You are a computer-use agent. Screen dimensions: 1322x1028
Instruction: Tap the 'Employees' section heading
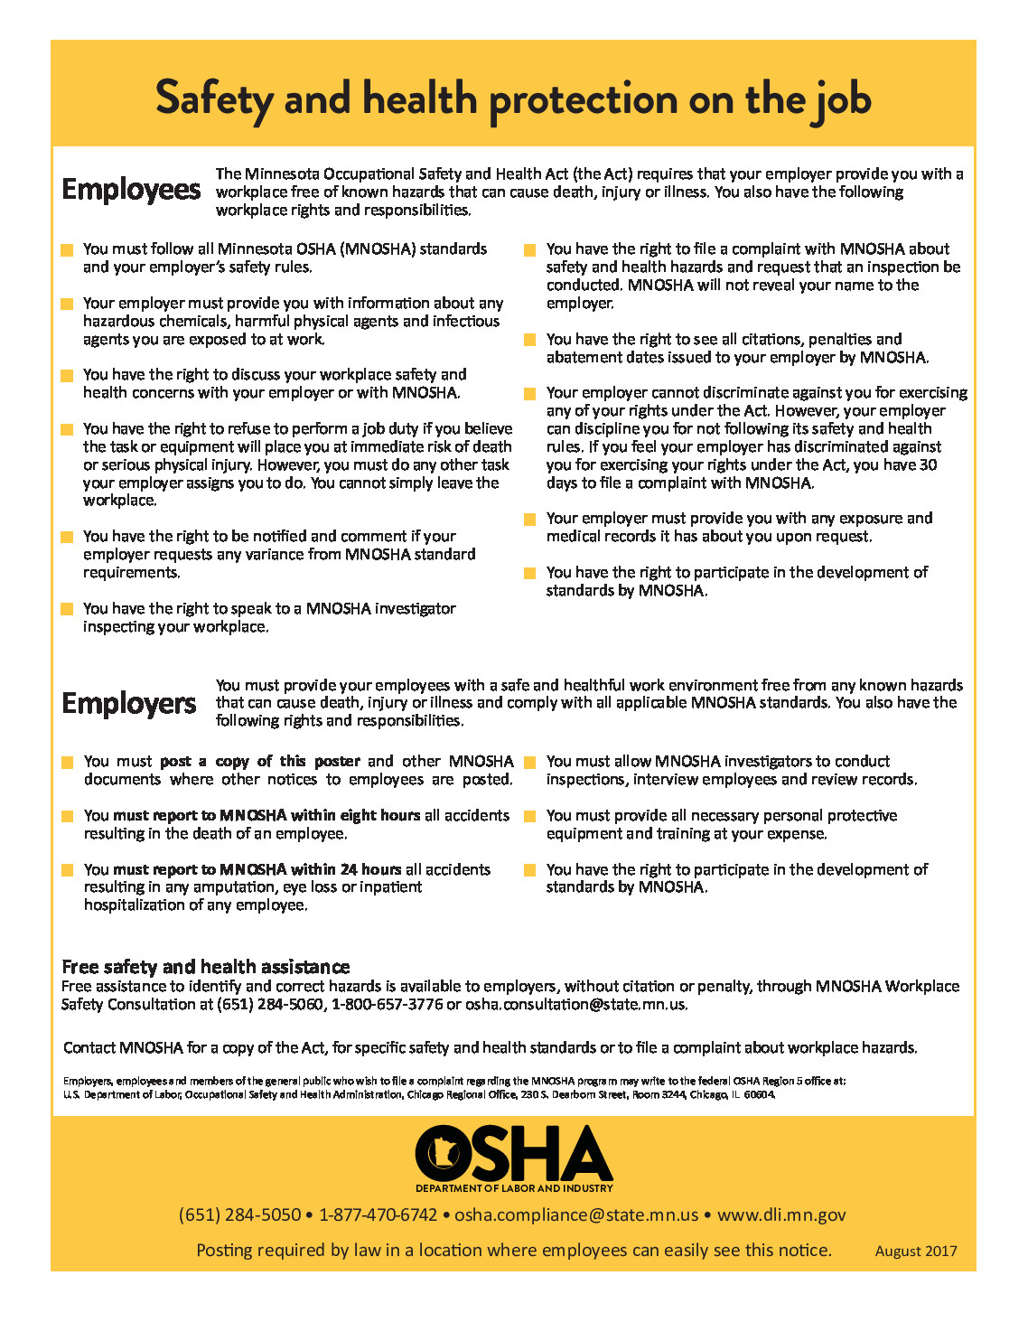[x=131, y=190]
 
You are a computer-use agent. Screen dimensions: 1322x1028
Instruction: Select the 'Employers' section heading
[x=129, y=704]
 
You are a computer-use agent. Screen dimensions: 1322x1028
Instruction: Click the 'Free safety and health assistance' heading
[x=205, y=967]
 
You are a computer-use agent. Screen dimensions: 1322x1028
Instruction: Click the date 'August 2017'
[x=915, y=1252]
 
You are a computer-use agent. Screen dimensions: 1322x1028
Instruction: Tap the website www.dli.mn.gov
[x=781, y=1215]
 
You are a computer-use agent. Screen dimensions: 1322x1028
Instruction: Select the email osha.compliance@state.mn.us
[x=576, y=1215]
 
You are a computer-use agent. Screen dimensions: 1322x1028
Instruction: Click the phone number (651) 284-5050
[x=239, y=1215]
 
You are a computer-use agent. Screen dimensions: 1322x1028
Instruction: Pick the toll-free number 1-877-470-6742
[x=378, y=1215]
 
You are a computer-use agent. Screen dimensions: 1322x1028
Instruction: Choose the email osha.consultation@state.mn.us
[x=575, y=1005]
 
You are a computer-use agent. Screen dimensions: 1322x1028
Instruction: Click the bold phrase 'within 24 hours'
[x=346, y=869]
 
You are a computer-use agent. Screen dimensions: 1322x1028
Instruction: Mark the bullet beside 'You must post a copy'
[x=67, y=763]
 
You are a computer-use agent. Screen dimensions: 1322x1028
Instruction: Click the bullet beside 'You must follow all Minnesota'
[x=67, y=250]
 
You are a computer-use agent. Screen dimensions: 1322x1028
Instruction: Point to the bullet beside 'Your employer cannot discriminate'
[x=530, y=394]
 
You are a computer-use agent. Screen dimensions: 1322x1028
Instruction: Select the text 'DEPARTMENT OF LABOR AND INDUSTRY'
[x=514, y=1188]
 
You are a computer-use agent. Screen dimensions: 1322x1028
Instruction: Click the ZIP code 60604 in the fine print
[x=760, y=1095]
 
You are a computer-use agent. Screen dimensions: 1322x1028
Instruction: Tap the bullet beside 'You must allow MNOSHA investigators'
[x=530, y=763]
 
